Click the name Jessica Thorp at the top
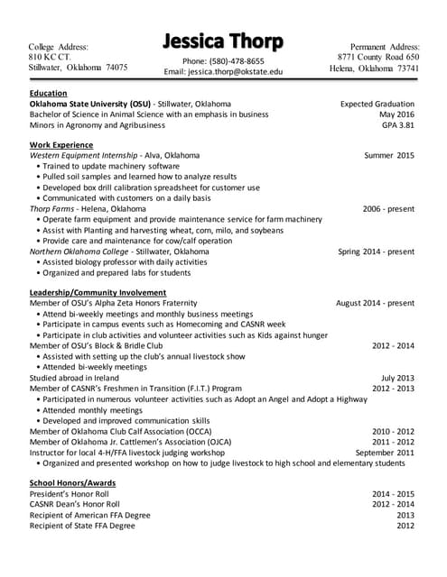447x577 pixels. (223, 41)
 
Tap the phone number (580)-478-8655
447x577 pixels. (223, 60)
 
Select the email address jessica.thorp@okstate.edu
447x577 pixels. (223, 71)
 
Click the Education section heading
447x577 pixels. (48, 93)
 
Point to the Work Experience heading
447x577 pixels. (61, 144)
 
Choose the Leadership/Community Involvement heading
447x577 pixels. (98, 292)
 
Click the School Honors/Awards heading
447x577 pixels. (73, 483)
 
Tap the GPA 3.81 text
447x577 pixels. (397, 125)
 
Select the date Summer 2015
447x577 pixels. (389, 155)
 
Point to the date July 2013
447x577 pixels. (397, 378)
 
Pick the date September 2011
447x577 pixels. (385, 453)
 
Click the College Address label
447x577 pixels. (59, 46)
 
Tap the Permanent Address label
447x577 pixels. (385, 46)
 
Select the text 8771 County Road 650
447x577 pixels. (385, 57)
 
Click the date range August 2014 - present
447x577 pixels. (375, 303)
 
